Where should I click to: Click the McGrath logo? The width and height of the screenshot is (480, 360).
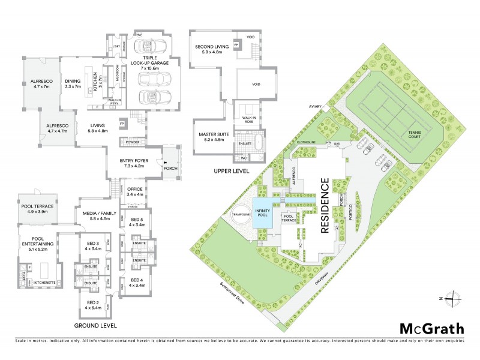(x=431, y=328)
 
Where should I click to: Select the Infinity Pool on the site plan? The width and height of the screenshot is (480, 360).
(x=262, y=214)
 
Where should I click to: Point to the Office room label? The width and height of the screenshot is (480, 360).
(x=134, y=191)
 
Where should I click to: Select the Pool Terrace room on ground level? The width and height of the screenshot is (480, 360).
(x=37, y=209)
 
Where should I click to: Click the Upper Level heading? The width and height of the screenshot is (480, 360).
(x=232, y=171)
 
